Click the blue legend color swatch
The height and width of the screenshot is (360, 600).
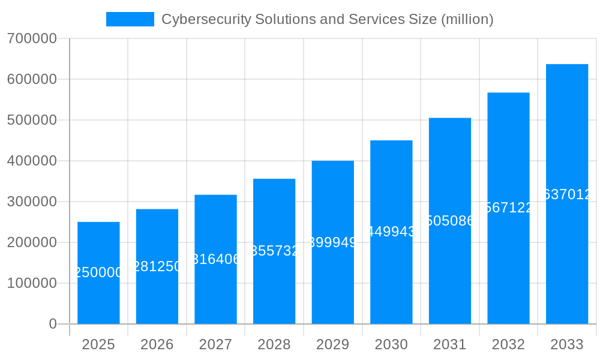tap(130, 19)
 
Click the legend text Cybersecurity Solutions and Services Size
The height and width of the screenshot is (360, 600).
tap(327, 19)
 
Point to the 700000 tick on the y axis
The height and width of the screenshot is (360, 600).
tap(32, 39)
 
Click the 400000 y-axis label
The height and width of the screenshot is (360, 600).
tap(32, 161)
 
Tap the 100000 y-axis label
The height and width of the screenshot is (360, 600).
tap(32, 283)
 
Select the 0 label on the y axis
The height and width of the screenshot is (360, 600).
tap(53, 324)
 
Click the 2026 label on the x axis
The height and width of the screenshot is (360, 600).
tap(157, 344)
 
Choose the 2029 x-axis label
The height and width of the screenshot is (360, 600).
tap(332, 344)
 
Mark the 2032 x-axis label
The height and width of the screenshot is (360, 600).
tap(508, 344)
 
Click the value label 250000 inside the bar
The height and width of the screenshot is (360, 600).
tap(98, 272)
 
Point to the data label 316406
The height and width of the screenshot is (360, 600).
tap(215, 259)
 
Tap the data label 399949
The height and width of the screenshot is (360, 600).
tap(332, 242)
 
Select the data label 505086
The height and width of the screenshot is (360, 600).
tap(449, 221)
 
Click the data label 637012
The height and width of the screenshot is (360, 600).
tap(568, 194)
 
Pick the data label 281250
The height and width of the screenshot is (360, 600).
tap(157, 266)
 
